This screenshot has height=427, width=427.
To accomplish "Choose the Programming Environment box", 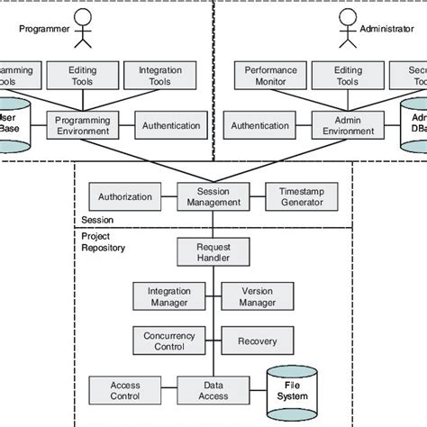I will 82,125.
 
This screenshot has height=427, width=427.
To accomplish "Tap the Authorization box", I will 125,195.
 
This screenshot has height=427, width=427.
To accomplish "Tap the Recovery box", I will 256,341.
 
